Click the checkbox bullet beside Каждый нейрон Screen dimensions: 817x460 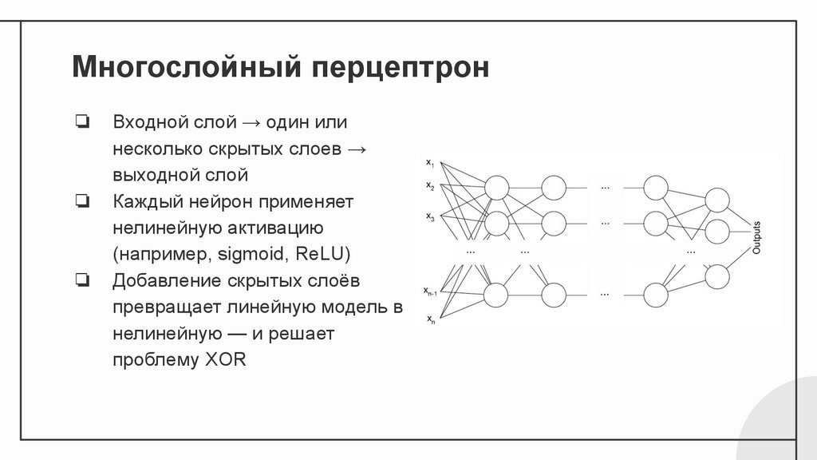(82, 201)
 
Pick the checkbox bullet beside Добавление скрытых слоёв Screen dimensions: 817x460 (82, 280)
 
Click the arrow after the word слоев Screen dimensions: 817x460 (357, 149)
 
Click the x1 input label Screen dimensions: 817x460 (430, 164)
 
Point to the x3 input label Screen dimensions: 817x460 (430, 216)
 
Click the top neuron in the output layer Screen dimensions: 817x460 (716, 200)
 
